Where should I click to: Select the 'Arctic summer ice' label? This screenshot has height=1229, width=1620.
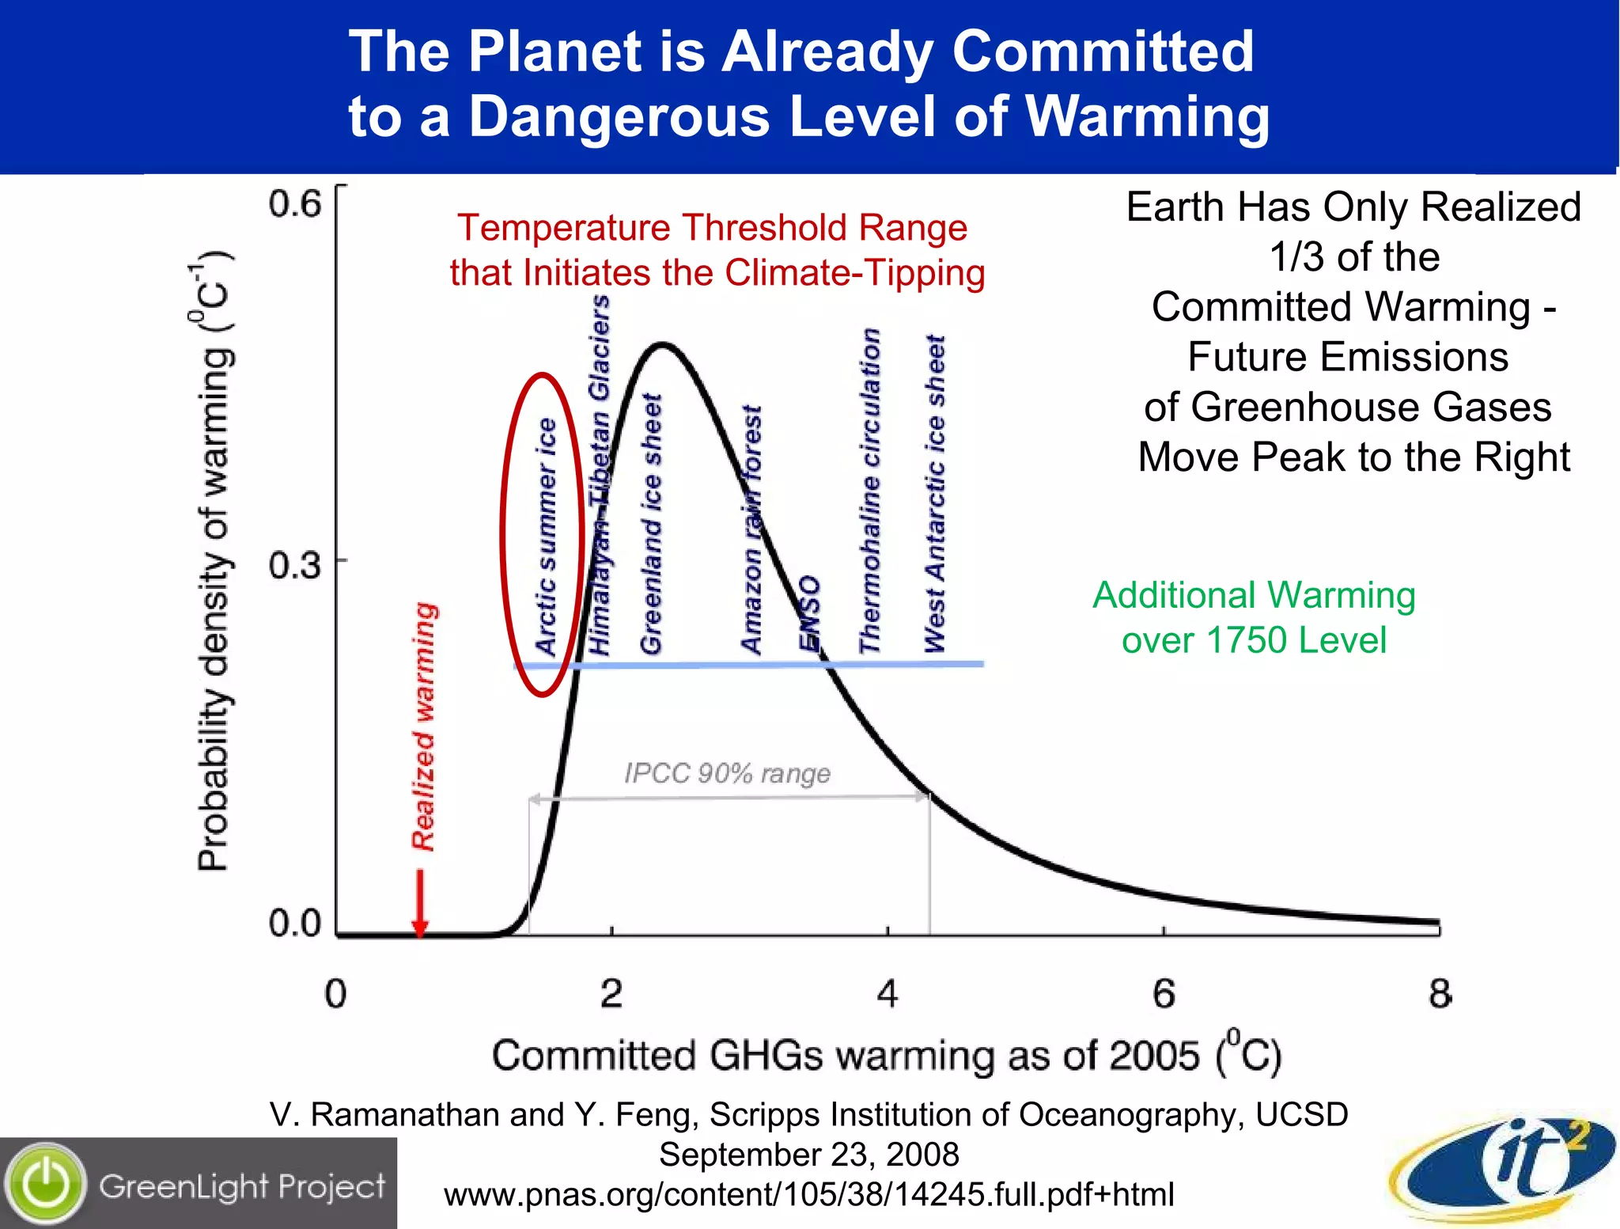(546, 537)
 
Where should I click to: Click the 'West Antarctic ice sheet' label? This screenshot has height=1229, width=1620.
(935, 494)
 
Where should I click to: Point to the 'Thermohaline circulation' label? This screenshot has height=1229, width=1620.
(870, 491)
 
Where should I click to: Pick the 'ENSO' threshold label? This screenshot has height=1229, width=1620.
(809, 613)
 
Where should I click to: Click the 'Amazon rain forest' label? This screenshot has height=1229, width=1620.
(751, 529)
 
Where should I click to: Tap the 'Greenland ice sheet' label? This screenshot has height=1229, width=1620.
(650, 524)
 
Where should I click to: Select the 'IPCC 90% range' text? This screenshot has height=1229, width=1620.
(727, 773)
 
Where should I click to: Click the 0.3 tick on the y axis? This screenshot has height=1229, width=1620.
(294, 565)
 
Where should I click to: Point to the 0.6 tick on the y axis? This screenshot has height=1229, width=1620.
(294, 204)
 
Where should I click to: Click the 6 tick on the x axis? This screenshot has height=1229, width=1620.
(1164, 994)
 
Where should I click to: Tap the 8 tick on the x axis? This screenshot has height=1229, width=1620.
(1440, 994)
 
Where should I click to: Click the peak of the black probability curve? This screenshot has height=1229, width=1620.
(663, 344)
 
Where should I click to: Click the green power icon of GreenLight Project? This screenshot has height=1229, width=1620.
(46, 1184)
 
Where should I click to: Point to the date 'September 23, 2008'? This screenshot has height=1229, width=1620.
(808, 1155)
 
